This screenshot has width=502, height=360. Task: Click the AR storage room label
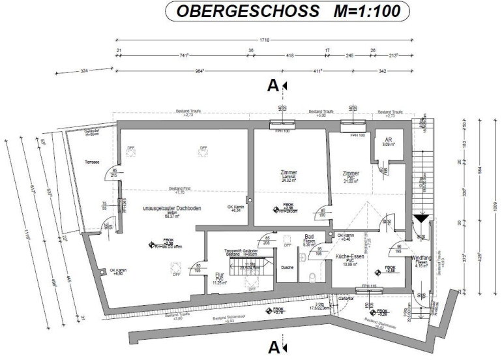[x=387, y=140]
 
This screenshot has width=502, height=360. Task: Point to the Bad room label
[x=310, y=237]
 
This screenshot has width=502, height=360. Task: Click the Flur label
[x=220, y=275]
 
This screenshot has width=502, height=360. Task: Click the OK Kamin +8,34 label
[x=235, y=209]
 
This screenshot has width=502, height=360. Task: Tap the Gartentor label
[x=346, y=298]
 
